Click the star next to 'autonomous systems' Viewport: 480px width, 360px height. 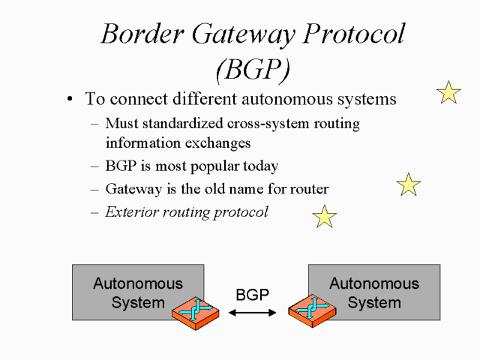click(x=448, y=92)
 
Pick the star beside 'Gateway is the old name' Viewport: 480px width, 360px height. click(x=409, y=184)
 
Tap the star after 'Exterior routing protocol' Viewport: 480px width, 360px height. click(x=325, y=216)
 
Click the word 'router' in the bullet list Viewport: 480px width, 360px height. click(x=308, y=188)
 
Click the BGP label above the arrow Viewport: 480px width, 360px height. click(x=252, y=295)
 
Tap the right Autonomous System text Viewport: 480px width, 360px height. click(x=374, y=293)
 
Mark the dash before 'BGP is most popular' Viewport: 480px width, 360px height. click(x=94, y=166)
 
